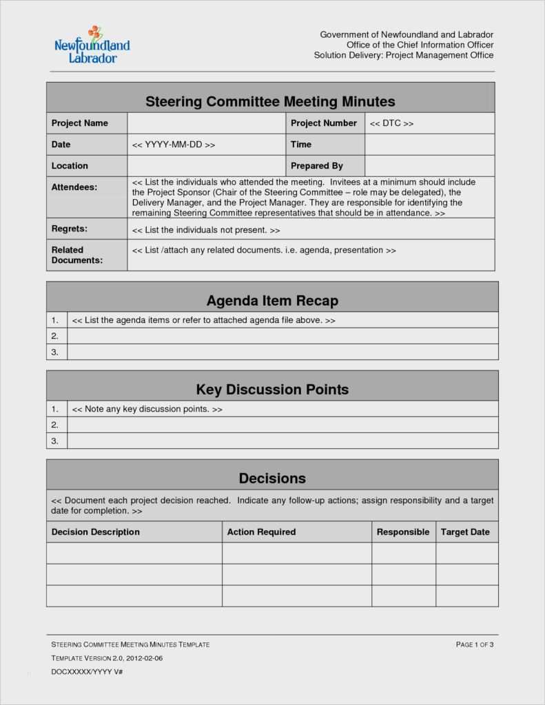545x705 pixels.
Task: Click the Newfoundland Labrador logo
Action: click(x=92, y=45)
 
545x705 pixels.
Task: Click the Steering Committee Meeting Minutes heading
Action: click(x=270, y=102)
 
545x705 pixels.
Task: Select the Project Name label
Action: click(x=80, y=123)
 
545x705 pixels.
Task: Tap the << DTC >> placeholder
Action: click(x=391, y=123)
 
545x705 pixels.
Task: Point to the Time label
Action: click(x=301, y=145)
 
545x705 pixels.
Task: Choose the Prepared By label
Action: click(x=317, y=166)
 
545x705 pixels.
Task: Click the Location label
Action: click(x=70, y=166)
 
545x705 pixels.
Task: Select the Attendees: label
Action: click(x=74, y=187)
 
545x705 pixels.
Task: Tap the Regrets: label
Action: click(x=70, y=229)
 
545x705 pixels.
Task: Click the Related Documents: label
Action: click(x=77, y=255)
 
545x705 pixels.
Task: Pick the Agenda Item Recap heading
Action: click(x=272, y=301)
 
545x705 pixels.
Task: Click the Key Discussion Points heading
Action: click(x=272, y=390)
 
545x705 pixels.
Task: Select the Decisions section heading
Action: click(x=272, y=478)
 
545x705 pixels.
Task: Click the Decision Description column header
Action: click(x=96, y=532)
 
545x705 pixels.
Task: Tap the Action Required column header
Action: click(x=261, y=532)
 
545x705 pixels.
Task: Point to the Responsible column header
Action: click(x=403, y=532)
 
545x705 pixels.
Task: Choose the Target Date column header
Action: click(x=465, y=532)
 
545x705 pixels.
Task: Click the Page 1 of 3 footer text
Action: click(x=475, y=644)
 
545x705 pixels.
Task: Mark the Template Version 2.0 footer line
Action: click(x=107, y=658)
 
